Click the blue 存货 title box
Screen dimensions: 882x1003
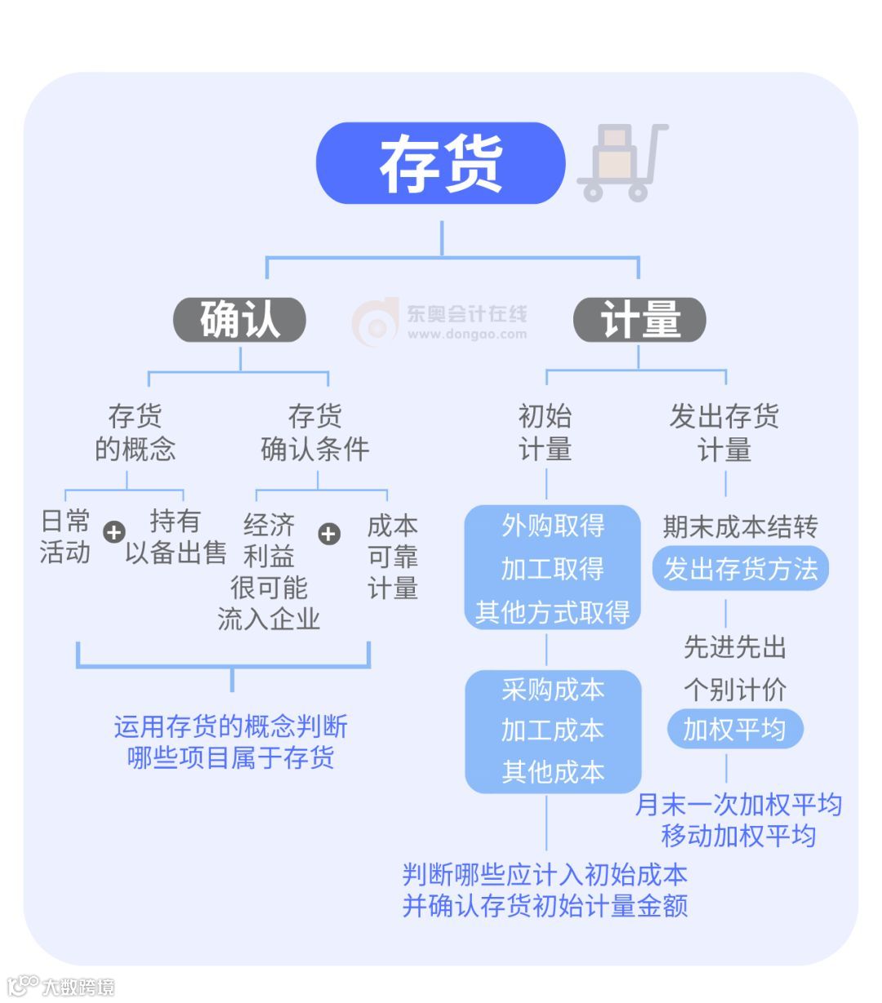[x=440, y=163]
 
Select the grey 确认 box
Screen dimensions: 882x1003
[x=239, y=319]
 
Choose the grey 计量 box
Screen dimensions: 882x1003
[x=639, y=319]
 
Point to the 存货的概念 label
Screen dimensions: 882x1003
[x=135, y=433]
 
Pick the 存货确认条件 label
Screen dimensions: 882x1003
[x=314, y=433]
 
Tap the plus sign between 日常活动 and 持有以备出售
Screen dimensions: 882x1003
[x=114, y=532]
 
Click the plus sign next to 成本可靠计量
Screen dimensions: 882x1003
[x=329, y=534]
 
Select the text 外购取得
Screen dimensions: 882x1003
[x=553, y=526]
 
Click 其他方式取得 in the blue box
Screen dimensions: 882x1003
[x=553, y=612]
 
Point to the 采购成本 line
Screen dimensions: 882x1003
[x=553, y=690]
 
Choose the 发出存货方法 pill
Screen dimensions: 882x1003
[x=740, y=569]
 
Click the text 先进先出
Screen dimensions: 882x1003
[x=734, y=647]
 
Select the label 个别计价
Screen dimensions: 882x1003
[x=734, y=690]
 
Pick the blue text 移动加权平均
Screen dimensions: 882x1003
[x=738, y=836]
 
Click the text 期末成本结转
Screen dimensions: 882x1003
[x=740, y=527]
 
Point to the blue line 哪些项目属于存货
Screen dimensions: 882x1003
[x=231, y=757]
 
